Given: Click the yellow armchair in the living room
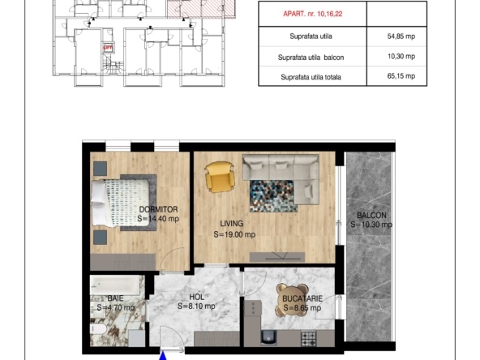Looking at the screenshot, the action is tap(220, 178).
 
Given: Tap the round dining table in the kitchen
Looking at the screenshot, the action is tap(293, 300).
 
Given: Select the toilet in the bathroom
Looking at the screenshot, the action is tap(98, 329).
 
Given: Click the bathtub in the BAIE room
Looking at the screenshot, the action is tap(115, 285).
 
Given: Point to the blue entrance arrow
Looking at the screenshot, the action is tap(163, 356).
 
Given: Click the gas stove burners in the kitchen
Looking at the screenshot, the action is tap(308, 338).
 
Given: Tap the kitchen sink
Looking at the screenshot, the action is tap(268, 337).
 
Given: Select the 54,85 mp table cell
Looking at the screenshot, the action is tap(401, 36).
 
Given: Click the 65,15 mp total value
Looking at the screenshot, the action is tap(401, 76).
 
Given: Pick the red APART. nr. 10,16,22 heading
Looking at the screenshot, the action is tap(312, 14).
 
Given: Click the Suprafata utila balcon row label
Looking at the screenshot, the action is tap(311, 58).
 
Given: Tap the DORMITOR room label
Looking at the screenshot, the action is tap(158, 209).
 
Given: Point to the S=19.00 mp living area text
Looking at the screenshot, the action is tap(234, 234).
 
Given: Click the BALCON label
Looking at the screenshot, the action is tap(371, 215).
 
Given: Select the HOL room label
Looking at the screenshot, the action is tap(196, 297).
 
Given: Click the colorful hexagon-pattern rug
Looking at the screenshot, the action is tap(272, 196).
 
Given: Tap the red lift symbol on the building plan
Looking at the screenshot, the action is tap(108, 48).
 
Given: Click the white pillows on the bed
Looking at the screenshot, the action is tap(99, 203).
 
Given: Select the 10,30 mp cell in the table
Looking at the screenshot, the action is tap(401, 56).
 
